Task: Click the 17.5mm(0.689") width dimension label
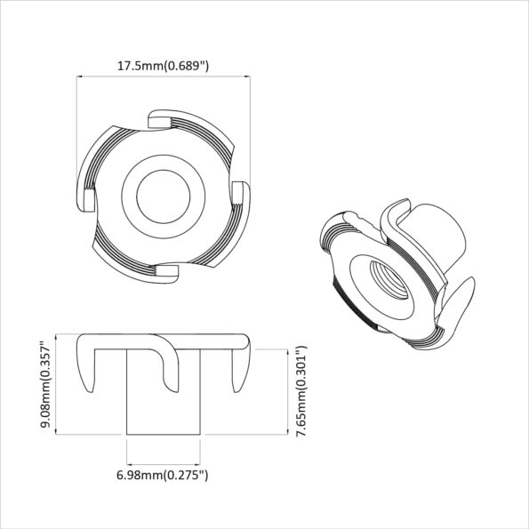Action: pos(164,65)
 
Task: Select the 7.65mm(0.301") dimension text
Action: pos(301,388)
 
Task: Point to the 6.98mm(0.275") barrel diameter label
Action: pos(163,476)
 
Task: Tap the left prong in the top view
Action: pos(87,197)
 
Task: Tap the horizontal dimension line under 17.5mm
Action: pos(164,77)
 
